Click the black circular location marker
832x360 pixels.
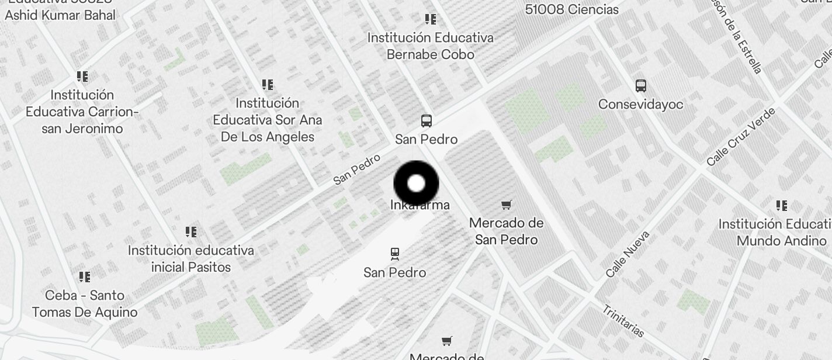pyautogui.click(x=416, y=184)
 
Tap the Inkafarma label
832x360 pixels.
pyautogui.click(x=420, y=205)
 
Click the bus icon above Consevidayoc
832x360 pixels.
pyautogui.click(x=640, y=86)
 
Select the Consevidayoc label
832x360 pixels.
pyautogui.click(x=640, y=105)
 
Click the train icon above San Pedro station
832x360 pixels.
pyautogui.click(x=395, y=254)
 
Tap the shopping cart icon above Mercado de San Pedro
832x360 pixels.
pyautogui.click(x=507, y=205)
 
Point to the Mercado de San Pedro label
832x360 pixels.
pyautogui.click(x=507, y=231)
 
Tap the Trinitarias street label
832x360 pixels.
pyautogui.click(x=623, y=321)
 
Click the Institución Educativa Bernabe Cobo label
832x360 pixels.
pyautogui.click(x=431, y=46)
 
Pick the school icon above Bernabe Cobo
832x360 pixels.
pyautogui.click(x=431, y=19)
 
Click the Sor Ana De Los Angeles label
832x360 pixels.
pyautogui.click(x=268, y=120)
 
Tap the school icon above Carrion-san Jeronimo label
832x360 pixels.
pyautogui.click(x=82, y=77)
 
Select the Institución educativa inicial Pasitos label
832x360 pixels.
pyautogui.click(x=191, y=259)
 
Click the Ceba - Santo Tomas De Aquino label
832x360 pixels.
pyautogui.click(x=85, y=303)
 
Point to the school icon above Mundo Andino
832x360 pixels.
pyautogui.click(x=782, y=206)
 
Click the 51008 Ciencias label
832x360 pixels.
pyautogui.click(x=571, y=9)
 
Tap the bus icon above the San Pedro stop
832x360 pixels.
pyautogui.click(x=427, y=121)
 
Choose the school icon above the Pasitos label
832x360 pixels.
pyautogui.click(x=190, y=232)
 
